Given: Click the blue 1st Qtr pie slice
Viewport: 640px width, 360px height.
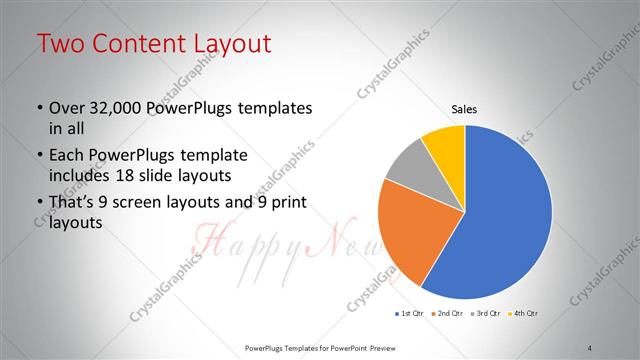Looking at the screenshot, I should point(510,215).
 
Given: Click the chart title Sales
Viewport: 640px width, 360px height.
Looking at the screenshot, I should point(465,108).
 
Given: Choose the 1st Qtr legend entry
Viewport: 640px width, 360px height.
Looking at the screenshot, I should point(410,314).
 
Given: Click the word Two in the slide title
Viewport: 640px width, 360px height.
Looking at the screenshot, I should point(60,44).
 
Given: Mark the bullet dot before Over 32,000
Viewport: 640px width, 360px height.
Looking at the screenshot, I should point(39,108).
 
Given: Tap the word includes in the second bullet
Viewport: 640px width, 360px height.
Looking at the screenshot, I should point(81,175).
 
